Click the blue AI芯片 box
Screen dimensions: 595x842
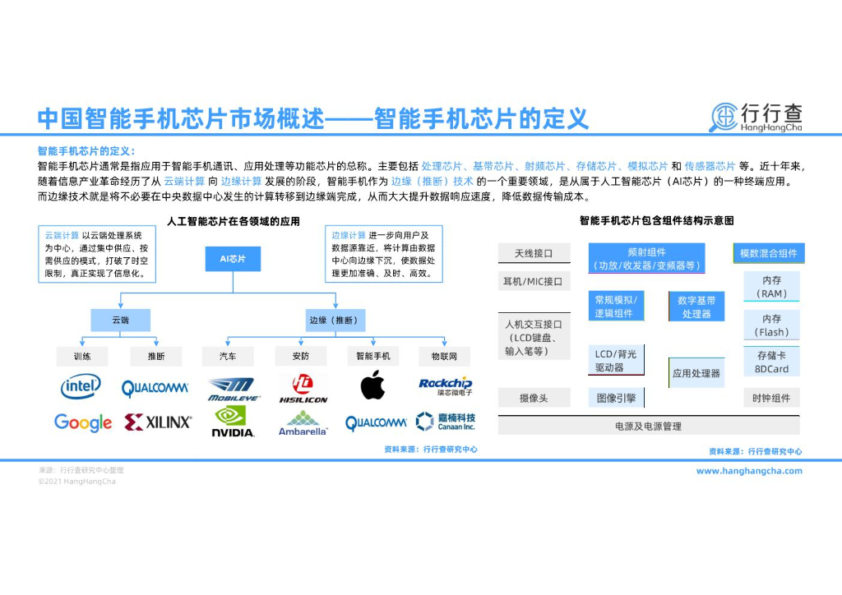[x=233, y=259]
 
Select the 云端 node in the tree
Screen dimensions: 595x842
[x=120, y=320]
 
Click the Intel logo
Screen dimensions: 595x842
[x=81, y=386]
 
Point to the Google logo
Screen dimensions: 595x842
[x=83, y=422]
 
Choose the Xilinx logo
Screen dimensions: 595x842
[x=158, y=422]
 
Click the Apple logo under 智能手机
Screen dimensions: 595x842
[x=372, y=385]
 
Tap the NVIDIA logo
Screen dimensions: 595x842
[x=234, y=422]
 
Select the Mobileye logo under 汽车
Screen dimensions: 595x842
[x=234, y=388]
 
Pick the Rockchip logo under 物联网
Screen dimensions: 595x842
[x=446, y=385]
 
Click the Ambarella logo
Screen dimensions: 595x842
[x=303, y=423]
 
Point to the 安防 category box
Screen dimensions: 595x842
[x=301, y=357]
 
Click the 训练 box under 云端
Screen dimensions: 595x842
[x=82, y=357]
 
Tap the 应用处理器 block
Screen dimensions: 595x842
[x=696, y=373]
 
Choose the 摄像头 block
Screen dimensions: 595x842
[x=534, y=399]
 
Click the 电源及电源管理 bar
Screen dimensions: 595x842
[x=648, y=427]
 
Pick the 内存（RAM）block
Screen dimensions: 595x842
[x=771, y=287]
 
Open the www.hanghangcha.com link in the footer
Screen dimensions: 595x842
[x=749, y=471]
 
